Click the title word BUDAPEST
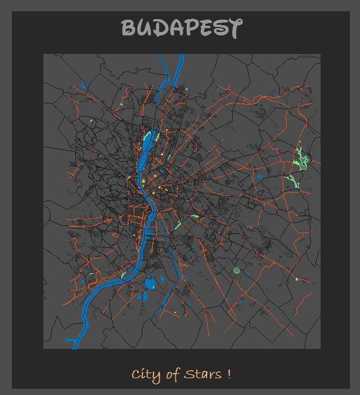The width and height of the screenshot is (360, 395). click(182, 28)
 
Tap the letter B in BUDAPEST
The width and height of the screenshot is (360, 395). click(129, 28)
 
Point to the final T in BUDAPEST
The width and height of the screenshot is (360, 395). click(234, 28)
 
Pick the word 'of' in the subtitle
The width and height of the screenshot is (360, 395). click(172, 375)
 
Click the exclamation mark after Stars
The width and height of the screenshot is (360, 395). click(229, 374)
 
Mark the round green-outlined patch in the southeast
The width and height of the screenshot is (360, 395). click(237, 271)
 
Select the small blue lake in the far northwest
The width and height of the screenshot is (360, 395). click(83, 85)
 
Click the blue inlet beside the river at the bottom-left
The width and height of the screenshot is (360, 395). click(71, 340)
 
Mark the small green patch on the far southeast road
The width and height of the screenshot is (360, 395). click(296, 279)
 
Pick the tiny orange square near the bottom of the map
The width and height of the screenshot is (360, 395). click(176, 311)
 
